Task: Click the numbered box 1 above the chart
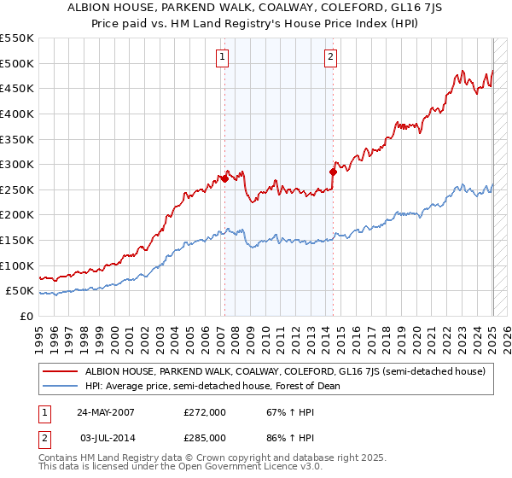(222, 57)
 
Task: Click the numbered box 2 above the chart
(330, 57)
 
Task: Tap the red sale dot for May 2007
(224, 178)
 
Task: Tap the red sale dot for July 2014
(333, 172)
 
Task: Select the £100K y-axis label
(17, 265)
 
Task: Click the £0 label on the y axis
(26, 316)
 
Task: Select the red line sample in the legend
(60, 371)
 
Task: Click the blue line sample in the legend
(60, 386)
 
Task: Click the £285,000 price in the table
(204, 437)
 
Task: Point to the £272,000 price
(204, 412)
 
